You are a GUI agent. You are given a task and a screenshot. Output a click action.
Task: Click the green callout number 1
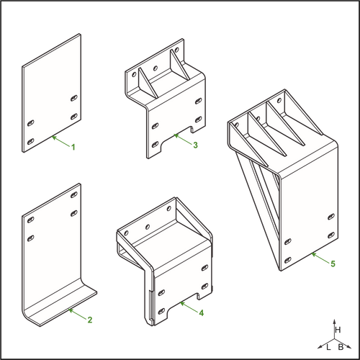click(73, 147)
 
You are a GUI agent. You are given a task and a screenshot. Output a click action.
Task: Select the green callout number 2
click(90, 320)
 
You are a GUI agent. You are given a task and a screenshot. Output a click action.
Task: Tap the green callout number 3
click(196, 145)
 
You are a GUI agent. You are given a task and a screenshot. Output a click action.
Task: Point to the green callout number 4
click(202, 312)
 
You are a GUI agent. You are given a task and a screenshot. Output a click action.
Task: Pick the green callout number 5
click(333, 264)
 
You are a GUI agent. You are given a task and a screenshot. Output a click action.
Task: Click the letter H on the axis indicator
click(338, 330)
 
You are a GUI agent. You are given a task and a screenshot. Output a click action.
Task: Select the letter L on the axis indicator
click(328, 347)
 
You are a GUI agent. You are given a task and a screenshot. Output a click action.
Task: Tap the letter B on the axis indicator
click(341, 347)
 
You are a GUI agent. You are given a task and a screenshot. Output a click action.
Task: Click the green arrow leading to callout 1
click(61, 141)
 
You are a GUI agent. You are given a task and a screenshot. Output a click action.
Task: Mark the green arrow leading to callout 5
click(320, 258)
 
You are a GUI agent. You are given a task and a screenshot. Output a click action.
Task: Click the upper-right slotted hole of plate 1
click(74, 98)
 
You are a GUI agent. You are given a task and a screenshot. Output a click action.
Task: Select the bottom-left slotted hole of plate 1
click(30, 141)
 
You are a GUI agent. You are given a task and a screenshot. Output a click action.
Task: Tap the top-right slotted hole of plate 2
click(74, 194)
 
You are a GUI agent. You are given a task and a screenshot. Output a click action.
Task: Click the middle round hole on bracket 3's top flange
click(156, 68)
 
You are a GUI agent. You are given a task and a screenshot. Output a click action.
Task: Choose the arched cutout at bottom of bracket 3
click(176, 139)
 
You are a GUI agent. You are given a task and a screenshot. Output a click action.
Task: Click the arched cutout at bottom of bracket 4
click(182, 307)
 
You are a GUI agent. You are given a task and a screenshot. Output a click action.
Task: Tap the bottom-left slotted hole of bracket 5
click(288, 260)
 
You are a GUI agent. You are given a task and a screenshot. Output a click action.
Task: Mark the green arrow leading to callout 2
click(77, 315)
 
